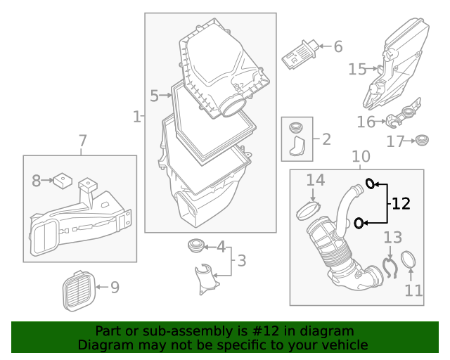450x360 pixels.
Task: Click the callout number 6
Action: click(338, 47)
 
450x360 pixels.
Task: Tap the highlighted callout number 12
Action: click(401, 204)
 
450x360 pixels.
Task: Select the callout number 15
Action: click(357, 69)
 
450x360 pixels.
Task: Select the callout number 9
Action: click(114, 287)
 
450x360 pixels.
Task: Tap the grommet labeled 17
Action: click(422, 140)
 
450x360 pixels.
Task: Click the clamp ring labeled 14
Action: click(309, 209)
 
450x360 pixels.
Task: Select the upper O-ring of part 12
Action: click(370, 185)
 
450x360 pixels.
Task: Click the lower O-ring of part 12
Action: click(359, 224)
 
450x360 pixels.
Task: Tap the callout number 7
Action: click(82, 141)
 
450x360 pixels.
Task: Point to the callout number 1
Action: click(136, 116)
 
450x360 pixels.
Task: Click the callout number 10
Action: click(360, 156)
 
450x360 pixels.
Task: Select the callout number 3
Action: click(241, 262)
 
